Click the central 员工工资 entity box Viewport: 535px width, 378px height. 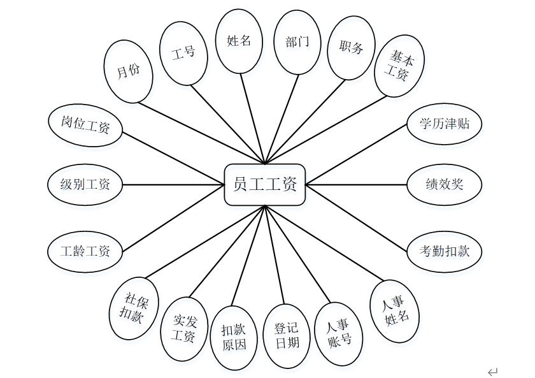[x=265, y=185]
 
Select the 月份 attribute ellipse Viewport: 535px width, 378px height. [x=128, y=71]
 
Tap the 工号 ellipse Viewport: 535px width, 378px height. [x=183, y=53]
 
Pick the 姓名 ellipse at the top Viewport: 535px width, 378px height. [x=239, y=41]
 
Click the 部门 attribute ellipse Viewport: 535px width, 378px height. [x=297, y=42]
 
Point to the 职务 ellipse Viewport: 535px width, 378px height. [x=351, y=48]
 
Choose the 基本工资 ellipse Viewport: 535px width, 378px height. [x=399, y=66]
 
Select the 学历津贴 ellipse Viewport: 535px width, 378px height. [x=444, y=124]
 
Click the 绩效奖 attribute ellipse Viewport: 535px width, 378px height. [x=444, y=185]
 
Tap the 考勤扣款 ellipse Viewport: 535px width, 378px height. [x=444, y=251]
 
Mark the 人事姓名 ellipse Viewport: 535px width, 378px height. [x=396, y=310]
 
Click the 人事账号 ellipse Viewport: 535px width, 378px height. [x=339, y=332]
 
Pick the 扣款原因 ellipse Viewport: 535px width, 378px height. [x=234, y=337]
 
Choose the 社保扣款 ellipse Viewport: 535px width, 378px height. [x=134, y=309]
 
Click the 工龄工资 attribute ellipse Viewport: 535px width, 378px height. [x=85, y=251]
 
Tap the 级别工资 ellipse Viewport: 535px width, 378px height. [x=85, y=185]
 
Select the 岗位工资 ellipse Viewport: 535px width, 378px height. [x=85, y=125]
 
